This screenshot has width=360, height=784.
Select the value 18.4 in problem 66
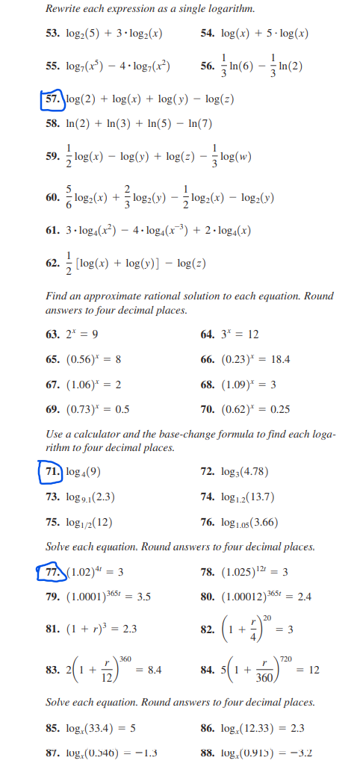(278, 359)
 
